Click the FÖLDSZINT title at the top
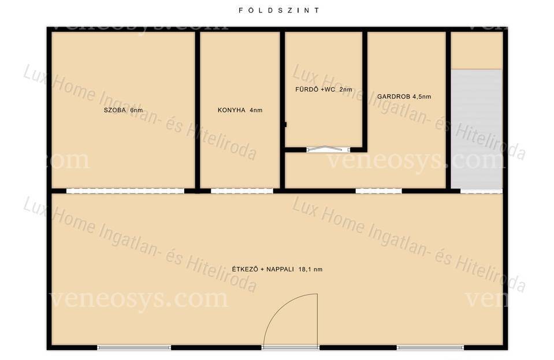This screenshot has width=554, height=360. pyautogui.click(x=279, y=10)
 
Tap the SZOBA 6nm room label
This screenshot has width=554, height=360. pyautogui.click(x=123, y=110)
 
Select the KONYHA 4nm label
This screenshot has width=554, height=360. pyautogui.click(x=240, y=110)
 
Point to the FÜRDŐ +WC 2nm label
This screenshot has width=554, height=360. pyautogui.click(x=324, y=90)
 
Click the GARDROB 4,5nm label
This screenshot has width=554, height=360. pyautogui.click(x=404, y=97)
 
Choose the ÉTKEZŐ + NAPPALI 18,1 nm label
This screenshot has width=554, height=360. pyautogui.click(x=277, y=269)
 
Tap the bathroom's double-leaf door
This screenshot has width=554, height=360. pyautogui.click(x=328, y=150)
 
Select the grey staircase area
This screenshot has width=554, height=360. pyautogui.click(x=477, y=129)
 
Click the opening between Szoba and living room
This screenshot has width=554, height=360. pyautogui.click(x=125, y=191)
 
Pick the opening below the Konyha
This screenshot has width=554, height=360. pyautogui.click(x=242, y=191)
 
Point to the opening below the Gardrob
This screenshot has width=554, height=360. pyautogui.click(x=379, y=191)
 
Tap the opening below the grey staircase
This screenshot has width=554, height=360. pyautogui.click(x=481, y=191)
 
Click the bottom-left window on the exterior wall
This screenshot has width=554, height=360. pyautogui.click(x=134, y=348)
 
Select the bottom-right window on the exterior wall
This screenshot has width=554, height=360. pyautogui.click(x=430, y=348)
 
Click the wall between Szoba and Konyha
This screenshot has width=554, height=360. pyautogui.click(x=198, y=110)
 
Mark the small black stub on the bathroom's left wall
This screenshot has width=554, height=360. pyautogui.click(x=285, y=124)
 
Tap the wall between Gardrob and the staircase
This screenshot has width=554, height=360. pyautogui.click(x=448, y=110)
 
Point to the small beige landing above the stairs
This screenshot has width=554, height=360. pyautogui.click(x=477, y=50)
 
